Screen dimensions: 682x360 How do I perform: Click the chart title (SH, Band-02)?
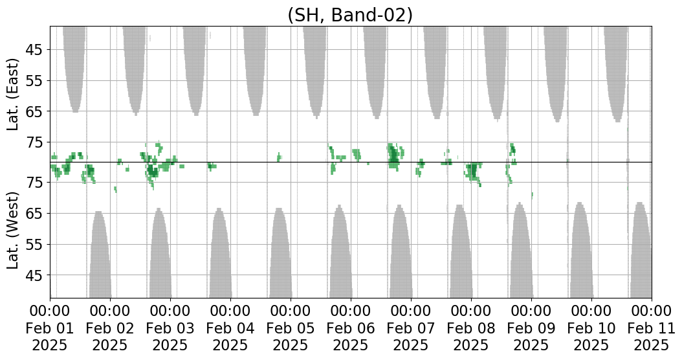349,15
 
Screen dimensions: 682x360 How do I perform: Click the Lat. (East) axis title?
14,94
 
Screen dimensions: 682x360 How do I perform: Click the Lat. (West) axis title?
14,230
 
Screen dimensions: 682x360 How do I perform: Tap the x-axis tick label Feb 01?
50,328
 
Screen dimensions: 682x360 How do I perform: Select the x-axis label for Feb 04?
230,328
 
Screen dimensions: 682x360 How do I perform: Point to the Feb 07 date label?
411,328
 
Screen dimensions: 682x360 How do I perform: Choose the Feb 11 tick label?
651,328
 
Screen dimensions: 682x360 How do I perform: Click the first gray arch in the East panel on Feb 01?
74,65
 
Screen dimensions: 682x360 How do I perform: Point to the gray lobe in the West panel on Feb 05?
280,257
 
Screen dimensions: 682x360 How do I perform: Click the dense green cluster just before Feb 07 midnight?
393,156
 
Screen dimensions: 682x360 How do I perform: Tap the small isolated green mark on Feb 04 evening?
279,157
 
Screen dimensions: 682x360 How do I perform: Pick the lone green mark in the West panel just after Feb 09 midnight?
532,195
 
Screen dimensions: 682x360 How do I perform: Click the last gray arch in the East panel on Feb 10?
616,70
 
